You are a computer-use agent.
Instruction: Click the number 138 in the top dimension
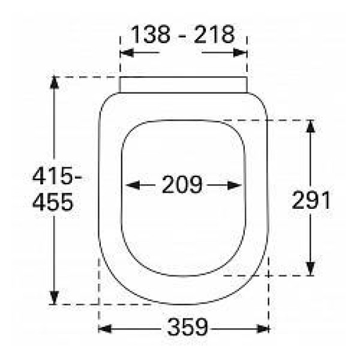pos(151,34)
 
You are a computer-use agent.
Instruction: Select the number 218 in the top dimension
pos(214,34)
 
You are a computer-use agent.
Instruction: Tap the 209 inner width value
pos(182,184)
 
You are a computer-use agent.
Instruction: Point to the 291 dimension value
pos(311,200)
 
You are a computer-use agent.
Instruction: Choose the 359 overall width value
pos(188,327)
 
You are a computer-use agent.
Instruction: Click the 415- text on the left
pos(57,176)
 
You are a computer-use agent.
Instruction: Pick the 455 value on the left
pos(53,202)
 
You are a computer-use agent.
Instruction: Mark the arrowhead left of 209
pos(133,185)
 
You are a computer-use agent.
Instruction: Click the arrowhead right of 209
pos(235,185)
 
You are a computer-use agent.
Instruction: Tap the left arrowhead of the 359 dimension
pos(104,329)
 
